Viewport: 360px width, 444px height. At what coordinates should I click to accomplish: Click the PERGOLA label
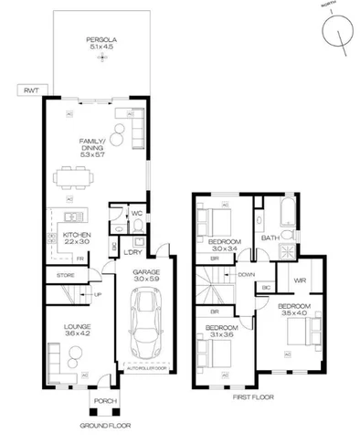(101, 43)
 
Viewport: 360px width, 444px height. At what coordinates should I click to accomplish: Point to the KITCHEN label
(78, 239)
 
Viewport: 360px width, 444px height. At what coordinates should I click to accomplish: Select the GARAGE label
(146, 277)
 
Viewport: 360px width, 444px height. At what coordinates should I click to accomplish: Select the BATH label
(270, 238)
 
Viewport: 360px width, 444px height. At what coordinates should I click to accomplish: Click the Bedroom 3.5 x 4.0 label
(294, 309)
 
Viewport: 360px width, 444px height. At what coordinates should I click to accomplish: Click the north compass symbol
(339, 36)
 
